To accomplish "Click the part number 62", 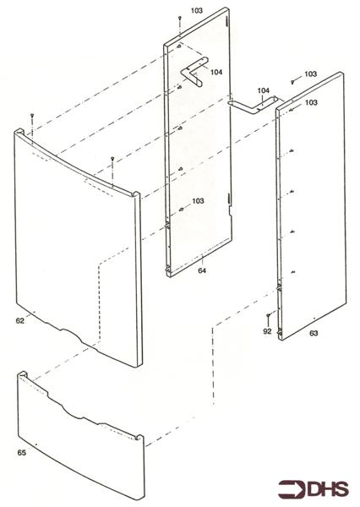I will coord(21,320).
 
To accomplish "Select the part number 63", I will coord(314,334).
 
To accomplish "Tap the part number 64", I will coord(202,270).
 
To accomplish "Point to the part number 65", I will coord(22,453).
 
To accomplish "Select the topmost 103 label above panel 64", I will coord(197,10).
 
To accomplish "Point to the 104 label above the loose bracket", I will coord(263,90).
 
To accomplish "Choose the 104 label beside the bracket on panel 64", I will coord(217,73).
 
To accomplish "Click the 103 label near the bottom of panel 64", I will coord(198,201).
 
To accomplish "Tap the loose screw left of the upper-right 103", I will coord(292,80).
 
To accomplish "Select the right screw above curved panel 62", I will coord(112,159).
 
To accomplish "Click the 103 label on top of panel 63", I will coord(311,102).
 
